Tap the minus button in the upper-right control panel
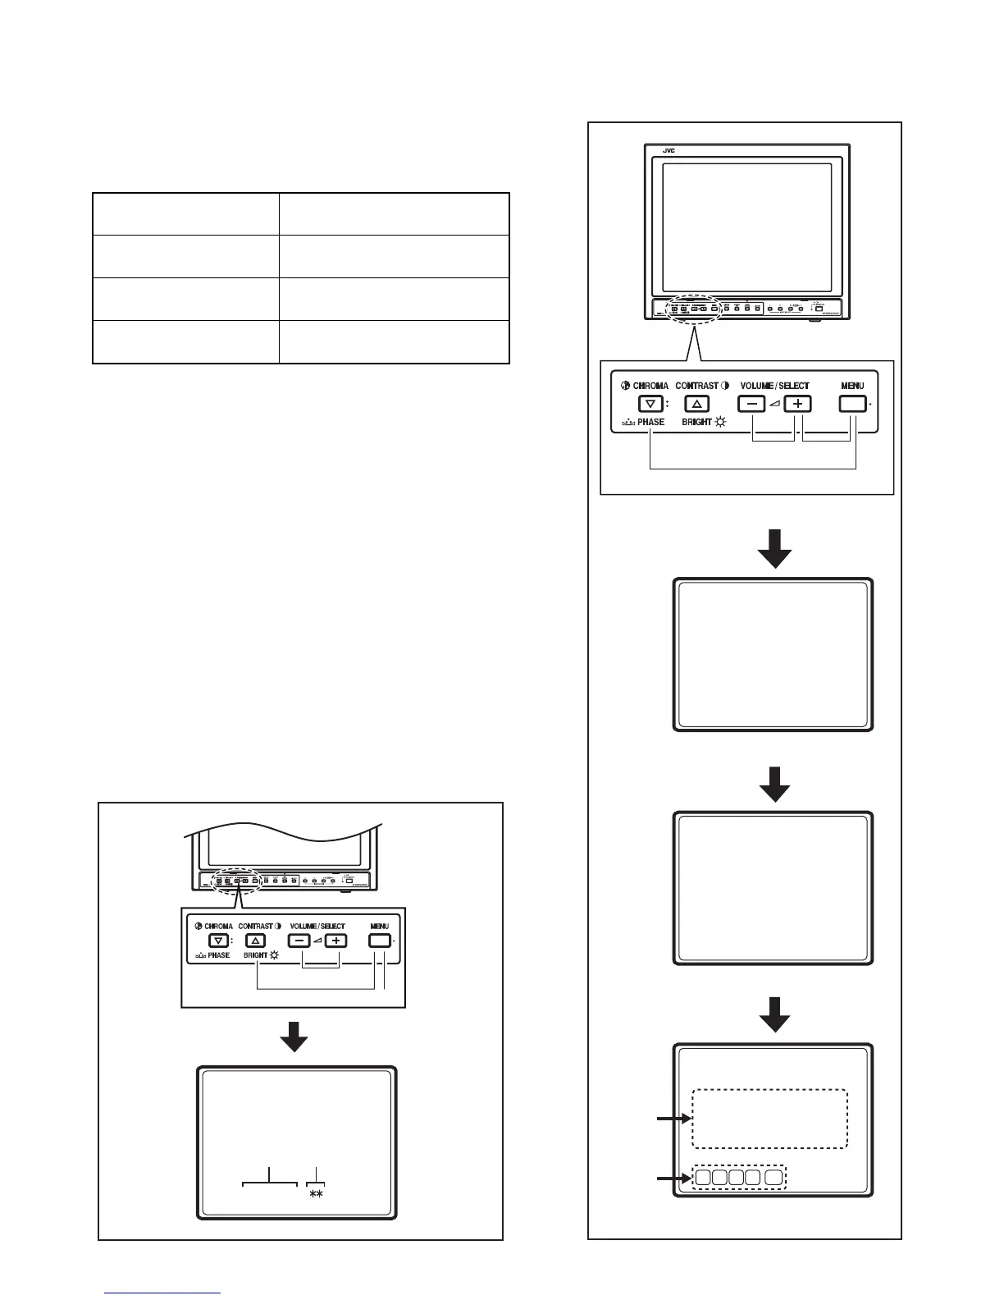[x=751, y=404]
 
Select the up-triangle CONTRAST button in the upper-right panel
[x=696, y=404]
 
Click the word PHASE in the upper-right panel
[x=651, y=422]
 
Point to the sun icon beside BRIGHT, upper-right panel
[x=721, y=422]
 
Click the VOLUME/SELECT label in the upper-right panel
[x=774, y=386]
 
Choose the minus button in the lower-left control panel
[x=300, y=941]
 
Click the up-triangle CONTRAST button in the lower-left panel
[x=256, y=941]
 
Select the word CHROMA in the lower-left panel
[x=219, y=926]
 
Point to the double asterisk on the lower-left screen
[x=316, y=1196]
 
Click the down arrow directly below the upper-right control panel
[x=774, y=548]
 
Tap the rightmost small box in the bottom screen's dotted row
[x=774, y=1178]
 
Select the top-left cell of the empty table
[x=185, y=214]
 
